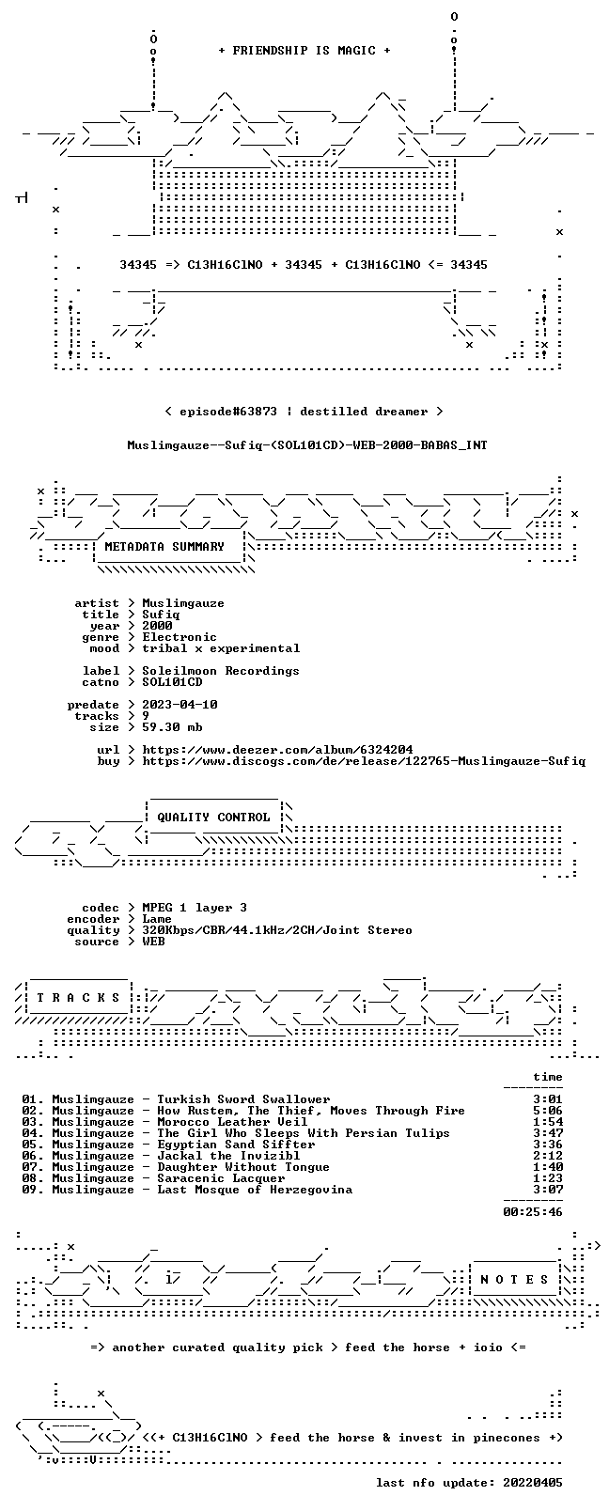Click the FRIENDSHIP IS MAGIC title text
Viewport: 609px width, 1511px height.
coord(304,51)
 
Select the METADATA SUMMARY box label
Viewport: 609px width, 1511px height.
coord(164,546)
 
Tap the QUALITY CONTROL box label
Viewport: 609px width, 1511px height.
coord(213,817)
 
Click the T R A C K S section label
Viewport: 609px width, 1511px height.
coord(78,997)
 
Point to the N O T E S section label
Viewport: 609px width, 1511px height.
coord(515,1279)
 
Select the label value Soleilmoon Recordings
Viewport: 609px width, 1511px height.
coord(221,671)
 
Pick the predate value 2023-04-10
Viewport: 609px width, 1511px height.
coord(180,704)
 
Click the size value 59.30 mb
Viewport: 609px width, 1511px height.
coord(172,727)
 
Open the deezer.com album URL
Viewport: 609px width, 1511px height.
coord(277,750)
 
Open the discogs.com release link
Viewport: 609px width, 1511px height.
coord(364,761)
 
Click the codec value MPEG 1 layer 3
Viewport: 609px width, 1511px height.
coord(195,908)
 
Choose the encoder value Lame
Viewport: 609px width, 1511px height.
coord(156,919)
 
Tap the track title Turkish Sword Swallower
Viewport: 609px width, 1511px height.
coord(243,1098)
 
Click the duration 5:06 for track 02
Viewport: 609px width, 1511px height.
coord(548,1111)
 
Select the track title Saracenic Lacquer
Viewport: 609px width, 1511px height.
coord(221,1177)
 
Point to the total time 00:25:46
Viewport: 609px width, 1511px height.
coord(533,1211)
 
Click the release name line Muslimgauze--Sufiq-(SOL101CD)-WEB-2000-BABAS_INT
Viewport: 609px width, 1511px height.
coord(307,445)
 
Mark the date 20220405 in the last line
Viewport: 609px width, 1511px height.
coord(533,1482)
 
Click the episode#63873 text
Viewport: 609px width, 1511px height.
coord(228,412)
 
